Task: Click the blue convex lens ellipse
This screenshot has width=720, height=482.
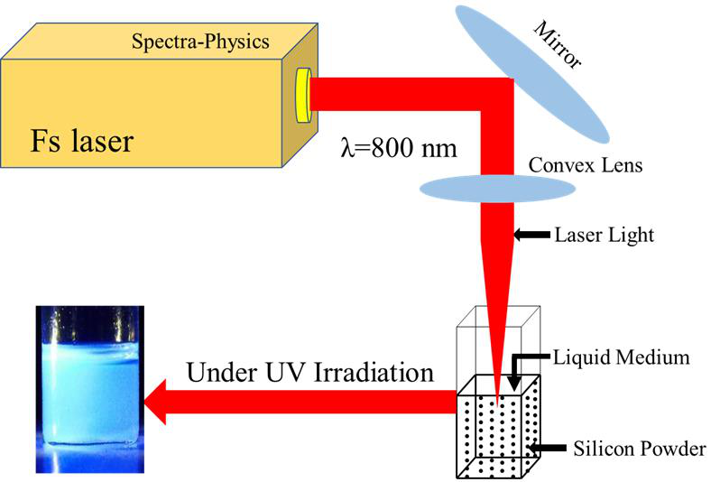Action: coord(497,188)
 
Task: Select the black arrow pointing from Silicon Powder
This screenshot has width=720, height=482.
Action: coord(547,446)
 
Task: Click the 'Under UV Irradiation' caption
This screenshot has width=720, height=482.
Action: coord(310,372)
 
